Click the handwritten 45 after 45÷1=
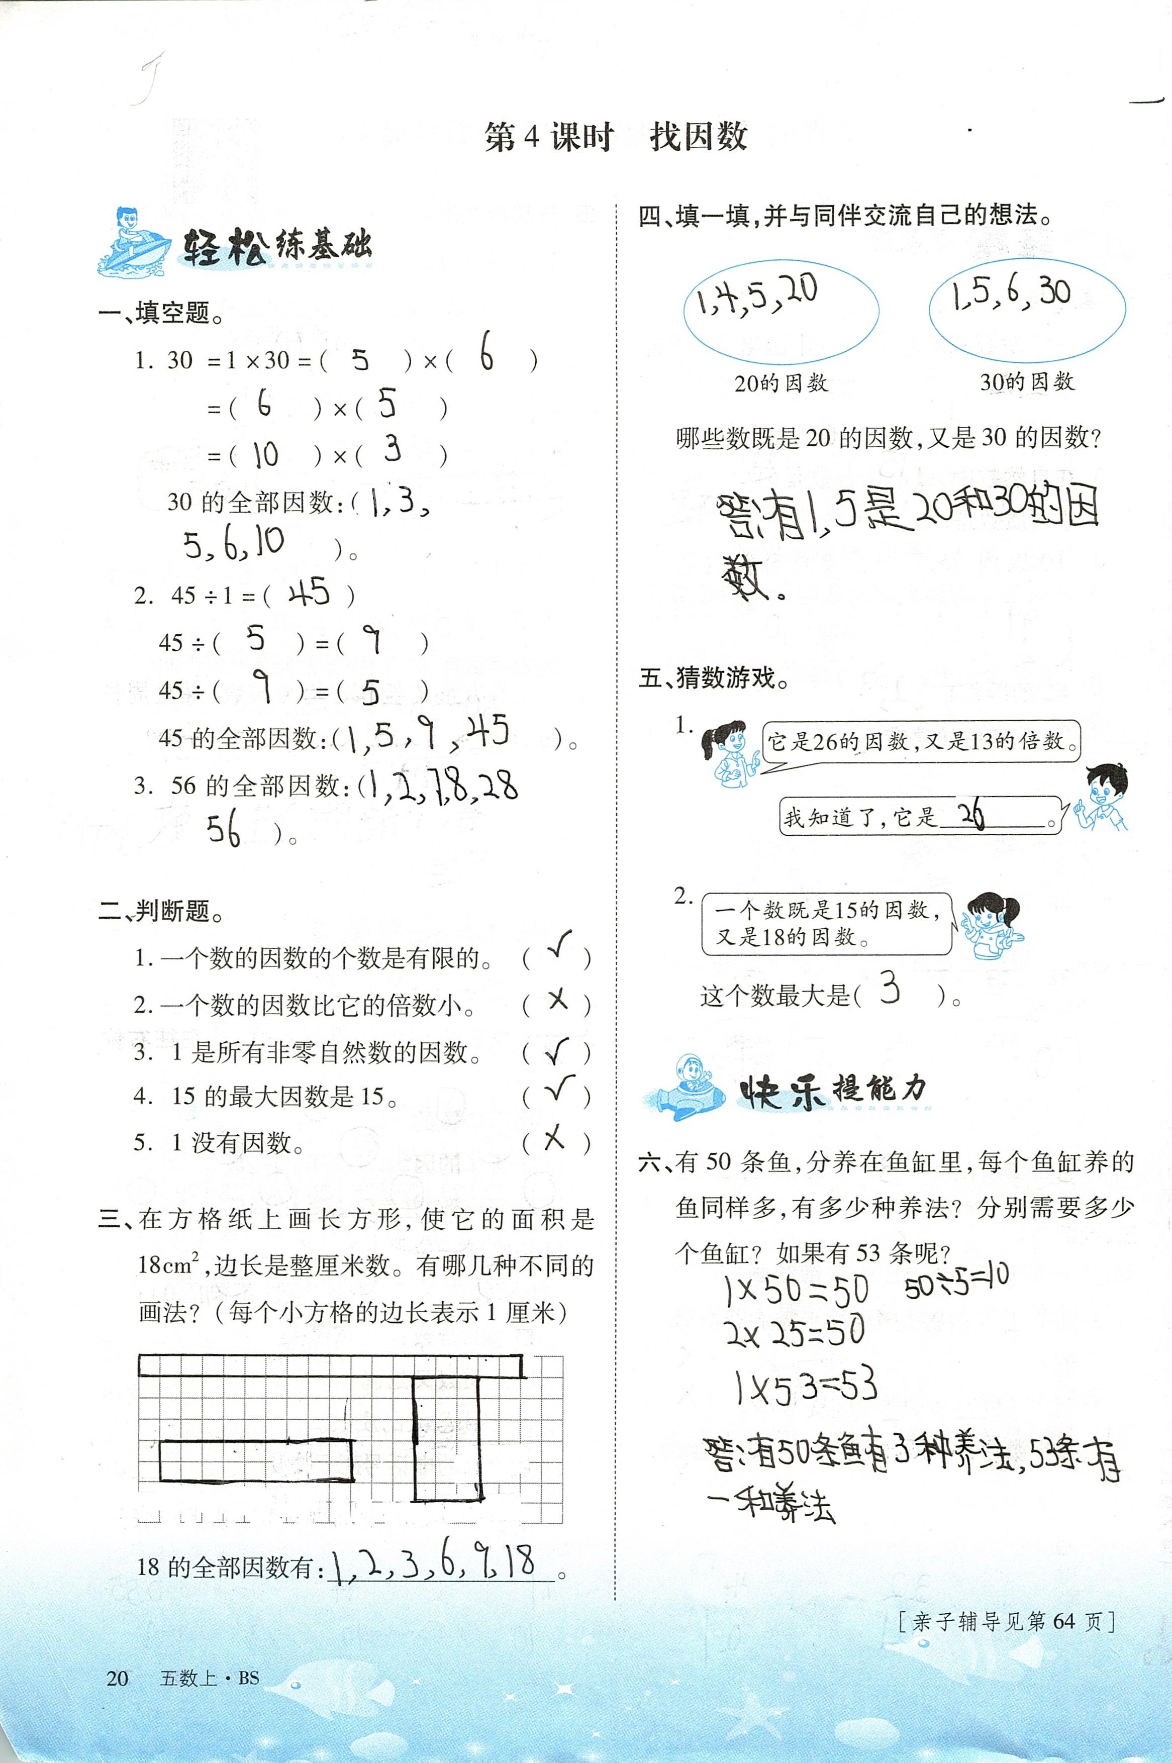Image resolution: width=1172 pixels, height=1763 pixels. tap(309, 594)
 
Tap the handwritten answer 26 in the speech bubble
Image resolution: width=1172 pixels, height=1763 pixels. tap(971, 815)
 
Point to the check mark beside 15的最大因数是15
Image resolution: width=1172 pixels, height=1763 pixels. tap(559, 1090)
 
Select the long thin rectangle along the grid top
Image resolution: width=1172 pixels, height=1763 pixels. tap(330, 1366)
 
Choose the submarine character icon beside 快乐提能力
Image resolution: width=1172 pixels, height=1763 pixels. tap(684, 1090)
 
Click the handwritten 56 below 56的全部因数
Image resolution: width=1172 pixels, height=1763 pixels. tap(224, 830)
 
